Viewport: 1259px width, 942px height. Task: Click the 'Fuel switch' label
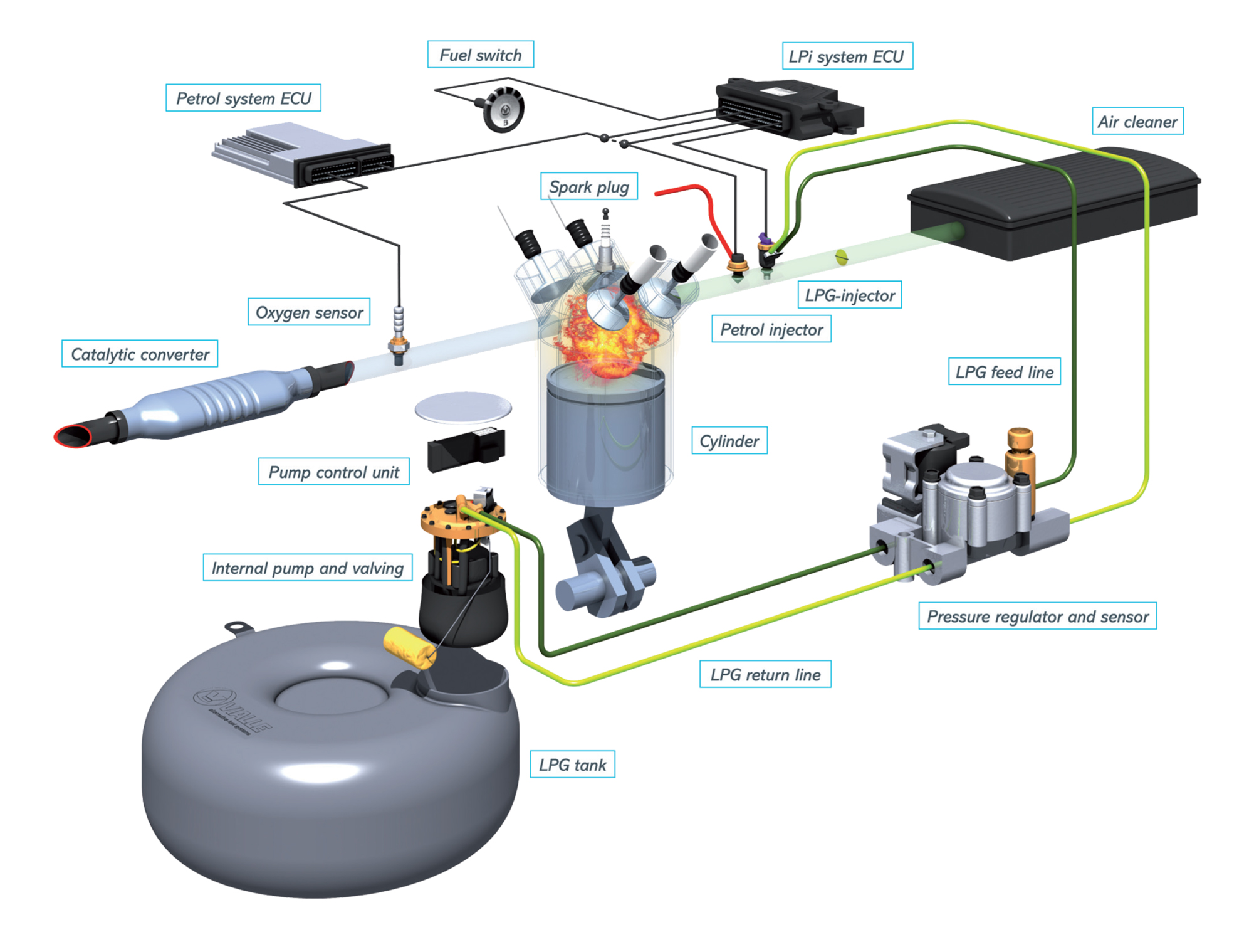point(480,55)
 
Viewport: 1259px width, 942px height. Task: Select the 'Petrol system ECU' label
point(243,98)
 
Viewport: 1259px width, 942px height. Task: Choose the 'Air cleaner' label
point(1137,122)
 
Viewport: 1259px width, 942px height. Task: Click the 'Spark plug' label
point(588,187)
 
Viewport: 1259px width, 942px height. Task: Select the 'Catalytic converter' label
point(140,354)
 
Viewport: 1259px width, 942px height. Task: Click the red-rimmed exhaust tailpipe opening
point(72,435)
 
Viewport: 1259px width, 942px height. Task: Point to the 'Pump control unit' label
point(333,472)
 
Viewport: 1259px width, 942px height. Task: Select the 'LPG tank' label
point(572,765)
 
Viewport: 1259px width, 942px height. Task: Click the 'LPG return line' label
point(765,675)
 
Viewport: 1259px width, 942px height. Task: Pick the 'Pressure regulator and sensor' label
point(1037,617)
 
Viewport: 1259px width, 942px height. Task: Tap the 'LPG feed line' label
point(1004,372)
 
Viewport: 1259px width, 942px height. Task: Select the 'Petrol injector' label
point(771,330)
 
